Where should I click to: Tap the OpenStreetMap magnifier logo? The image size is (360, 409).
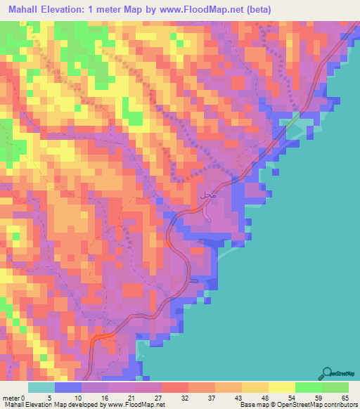[327, 373]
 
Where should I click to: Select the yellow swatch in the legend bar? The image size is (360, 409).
[281, 387]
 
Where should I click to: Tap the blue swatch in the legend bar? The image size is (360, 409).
[68, 387]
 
